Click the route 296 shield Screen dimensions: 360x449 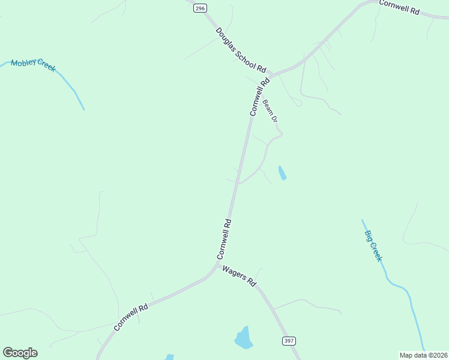tap(200, 8)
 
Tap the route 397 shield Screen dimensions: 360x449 tap(289, 341)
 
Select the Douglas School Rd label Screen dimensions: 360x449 tap(241, 50)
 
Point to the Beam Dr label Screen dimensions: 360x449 tap(270, 111)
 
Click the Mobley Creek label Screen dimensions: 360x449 tap(33, 65)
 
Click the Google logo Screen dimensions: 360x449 tap(20, 353)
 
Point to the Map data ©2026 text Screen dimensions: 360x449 tap(423, 355)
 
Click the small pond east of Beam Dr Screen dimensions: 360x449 tap(282, 173)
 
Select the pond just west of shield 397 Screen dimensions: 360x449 tap(243, 338)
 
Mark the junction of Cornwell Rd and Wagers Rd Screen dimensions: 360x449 tap(217, 265)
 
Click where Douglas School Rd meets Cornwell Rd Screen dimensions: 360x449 tap(272, 74)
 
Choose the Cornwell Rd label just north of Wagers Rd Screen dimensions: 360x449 tap(224, 239)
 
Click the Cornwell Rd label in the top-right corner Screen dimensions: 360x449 tap(399, 7)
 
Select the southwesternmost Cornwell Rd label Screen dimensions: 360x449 tap(131, 317)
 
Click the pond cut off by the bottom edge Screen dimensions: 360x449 tap(169, 357)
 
